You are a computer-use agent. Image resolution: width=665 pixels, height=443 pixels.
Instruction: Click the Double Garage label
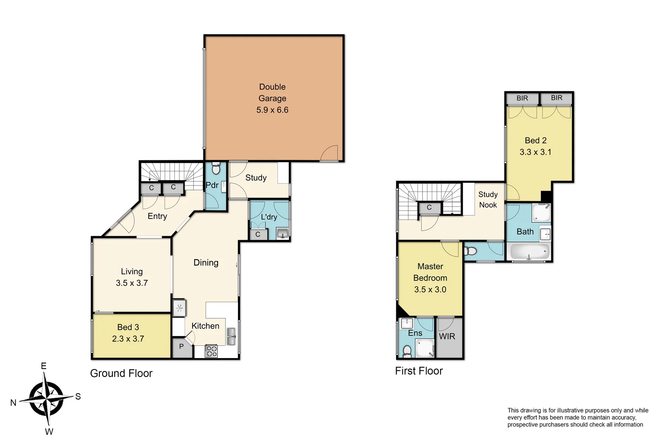click(272, 93)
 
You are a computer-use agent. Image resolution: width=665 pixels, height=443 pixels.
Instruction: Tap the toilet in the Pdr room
click(216, 169)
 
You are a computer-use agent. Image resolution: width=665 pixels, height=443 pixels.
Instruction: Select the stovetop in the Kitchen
click(211, 351)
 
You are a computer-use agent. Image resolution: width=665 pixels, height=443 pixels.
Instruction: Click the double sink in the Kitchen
click(231, 336)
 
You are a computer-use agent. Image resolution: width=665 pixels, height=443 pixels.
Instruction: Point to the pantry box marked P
click(181, 347)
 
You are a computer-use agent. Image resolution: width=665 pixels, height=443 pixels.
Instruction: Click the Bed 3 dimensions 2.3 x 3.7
click(128, 339)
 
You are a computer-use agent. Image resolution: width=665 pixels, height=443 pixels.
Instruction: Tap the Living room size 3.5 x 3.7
click(131, 283)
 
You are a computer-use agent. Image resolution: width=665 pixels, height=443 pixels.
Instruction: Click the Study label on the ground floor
click(256, 178)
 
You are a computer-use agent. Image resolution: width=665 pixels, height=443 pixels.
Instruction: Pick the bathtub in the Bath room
click(529, 252)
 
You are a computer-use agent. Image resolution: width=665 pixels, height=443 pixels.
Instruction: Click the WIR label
click(447, 336)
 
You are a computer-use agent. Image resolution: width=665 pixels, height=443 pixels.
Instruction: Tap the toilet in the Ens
click(407, 351)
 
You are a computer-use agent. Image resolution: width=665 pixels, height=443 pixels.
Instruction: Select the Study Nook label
click(488, 200)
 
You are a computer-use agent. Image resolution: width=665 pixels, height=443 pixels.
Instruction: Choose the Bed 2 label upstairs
click(535, 140)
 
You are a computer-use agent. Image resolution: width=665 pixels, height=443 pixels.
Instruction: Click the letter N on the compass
click(13, 403)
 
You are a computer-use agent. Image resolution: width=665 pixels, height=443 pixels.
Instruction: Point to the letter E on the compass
click(44, 366)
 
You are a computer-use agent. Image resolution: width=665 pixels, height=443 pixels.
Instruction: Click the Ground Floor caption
click(121, 373)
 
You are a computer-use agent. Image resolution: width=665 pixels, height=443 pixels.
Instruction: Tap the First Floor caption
click(419, 371)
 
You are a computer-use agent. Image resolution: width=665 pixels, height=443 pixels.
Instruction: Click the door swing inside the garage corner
click(331, 154)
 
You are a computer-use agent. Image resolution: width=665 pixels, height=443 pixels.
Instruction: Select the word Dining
click(206, 263)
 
